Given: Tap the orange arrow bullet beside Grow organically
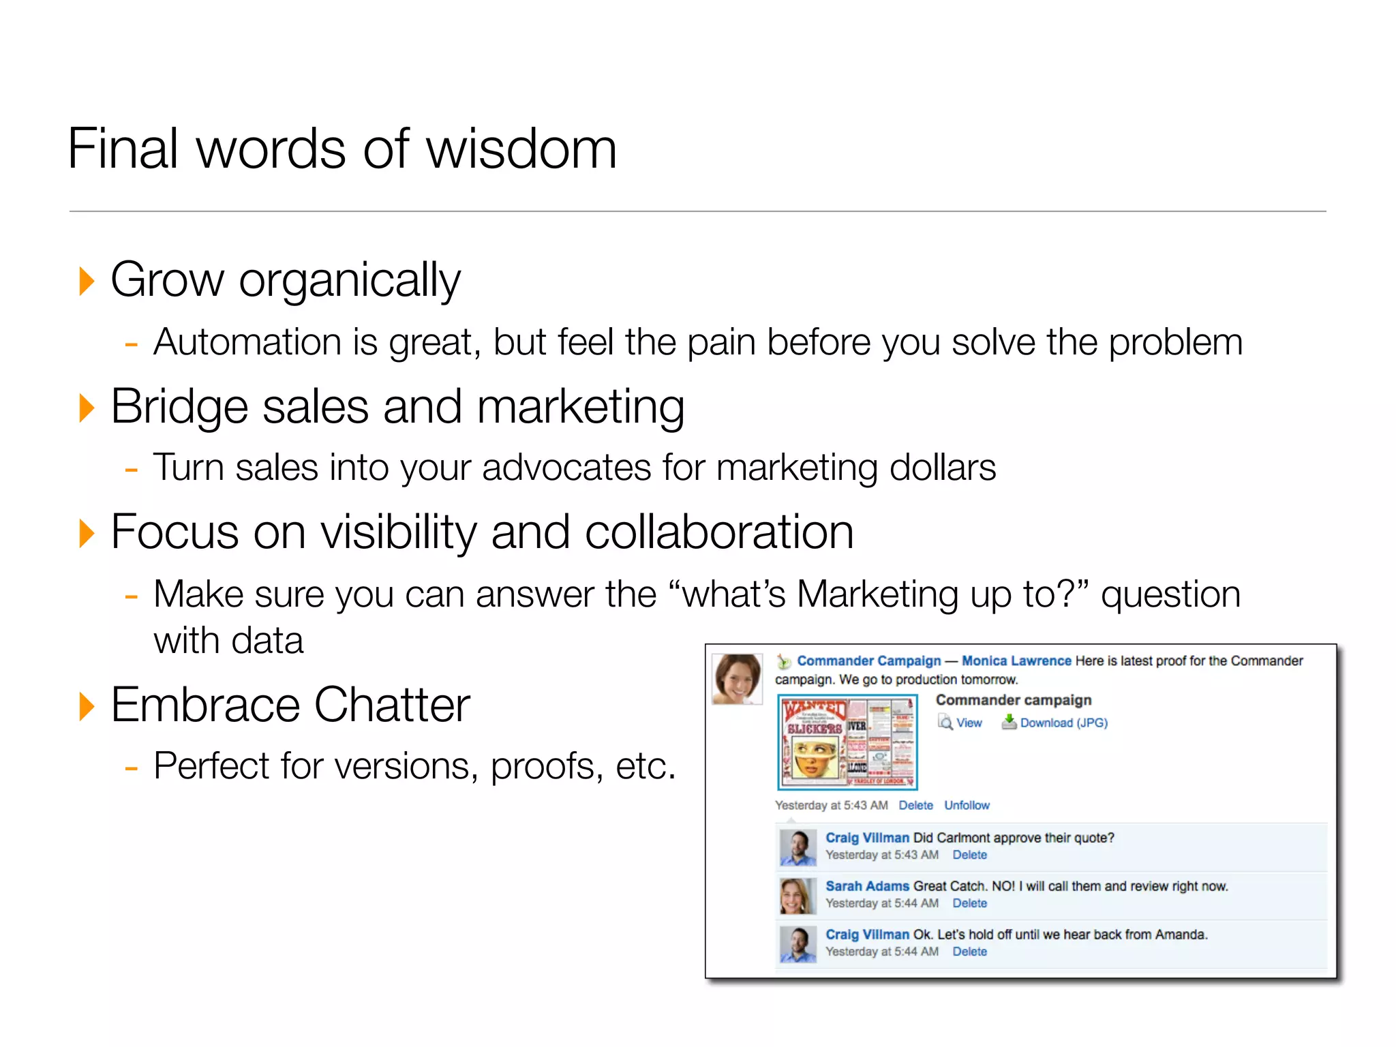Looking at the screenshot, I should (x=86, y=281).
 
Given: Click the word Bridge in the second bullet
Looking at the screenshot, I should (x=179, y=407).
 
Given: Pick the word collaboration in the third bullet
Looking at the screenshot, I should (x=718, y=532).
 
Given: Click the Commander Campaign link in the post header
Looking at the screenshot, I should (x=868, y=661).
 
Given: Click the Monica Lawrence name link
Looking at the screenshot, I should (x=1016, y=661).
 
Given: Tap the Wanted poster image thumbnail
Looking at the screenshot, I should (x=847, y=742).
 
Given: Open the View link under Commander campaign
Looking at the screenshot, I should (x=968, y=723).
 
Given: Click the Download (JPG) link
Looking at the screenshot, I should (x=1063, y=723).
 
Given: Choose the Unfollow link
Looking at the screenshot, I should (x=967, y=805).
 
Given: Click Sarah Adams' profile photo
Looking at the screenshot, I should (x=797, y=895).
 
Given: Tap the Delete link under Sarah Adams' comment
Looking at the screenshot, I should (x=969, y=903).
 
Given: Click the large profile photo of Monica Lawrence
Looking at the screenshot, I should (x=737, y=679).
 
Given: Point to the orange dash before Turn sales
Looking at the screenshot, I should (x=132, y=470).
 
